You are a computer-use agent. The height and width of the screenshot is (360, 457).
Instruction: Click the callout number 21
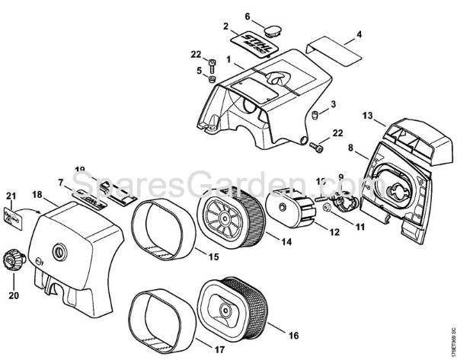point(10,198)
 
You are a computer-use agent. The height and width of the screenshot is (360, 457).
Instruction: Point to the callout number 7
point(60,183)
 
